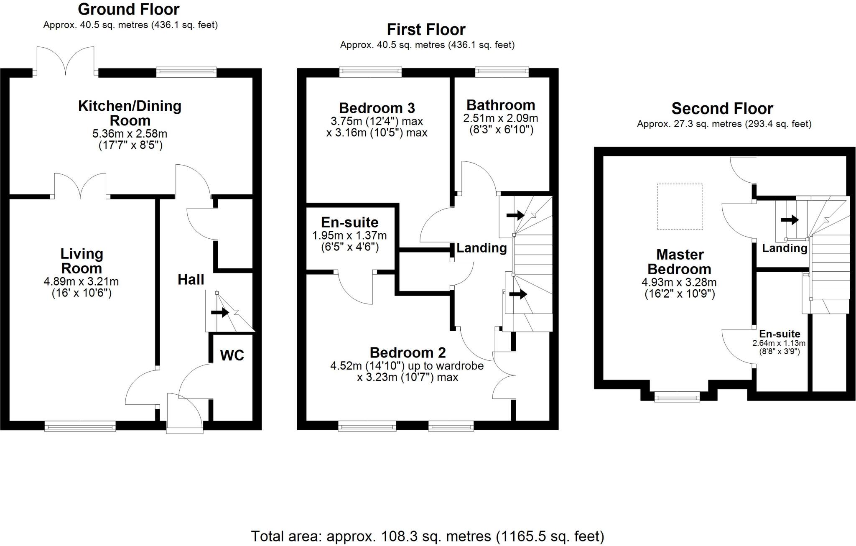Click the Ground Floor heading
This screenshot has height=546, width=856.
coord(129,9)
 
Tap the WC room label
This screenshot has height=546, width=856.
coord(232,355)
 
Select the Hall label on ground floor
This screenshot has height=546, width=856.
coord(191,280)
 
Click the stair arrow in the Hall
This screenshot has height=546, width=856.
coord(220,312)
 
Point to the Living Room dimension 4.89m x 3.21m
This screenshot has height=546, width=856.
coord(81,282)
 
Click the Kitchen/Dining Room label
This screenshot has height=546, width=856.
coord(130,113)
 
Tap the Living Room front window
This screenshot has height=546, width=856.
coord(80,426)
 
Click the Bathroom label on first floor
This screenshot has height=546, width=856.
coord(501,105)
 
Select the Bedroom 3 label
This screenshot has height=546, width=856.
coord(377,108)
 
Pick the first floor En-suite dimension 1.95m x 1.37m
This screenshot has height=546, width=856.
coord(349,236)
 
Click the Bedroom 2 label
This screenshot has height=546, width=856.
coord(408,353)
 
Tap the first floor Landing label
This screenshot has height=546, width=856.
coord(481,248)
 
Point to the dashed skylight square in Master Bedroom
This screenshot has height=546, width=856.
coord(680,207)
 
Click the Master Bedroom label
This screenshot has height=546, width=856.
coord(680,262)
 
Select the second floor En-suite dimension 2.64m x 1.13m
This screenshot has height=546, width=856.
coord(779,343)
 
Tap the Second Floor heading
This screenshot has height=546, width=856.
coord(722,109)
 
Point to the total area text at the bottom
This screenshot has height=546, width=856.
coord(427,536)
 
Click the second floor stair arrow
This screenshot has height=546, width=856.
coord(790,219)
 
